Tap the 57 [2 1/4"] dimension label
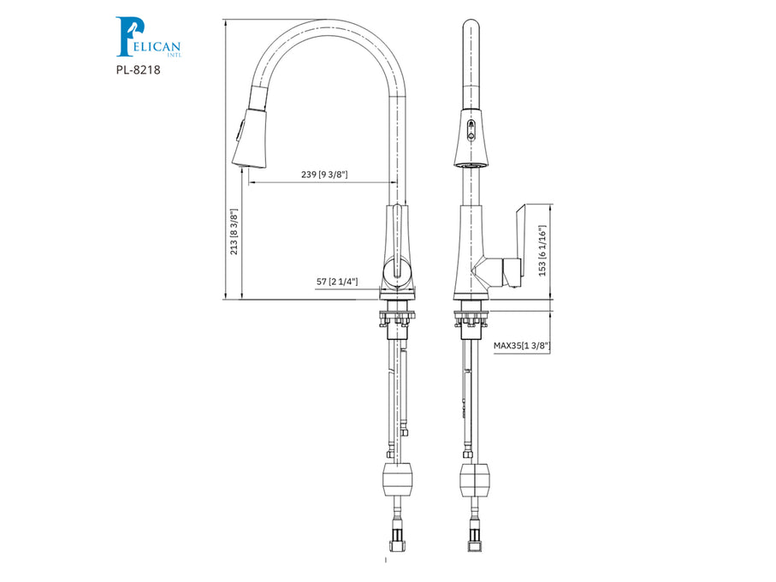pos(337,281)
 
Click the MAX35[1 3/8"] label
pos(522,346)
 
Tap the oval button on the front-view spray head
pos(469,130)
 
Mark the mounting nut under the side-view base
pos(396,318)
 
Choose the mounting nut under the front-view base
pos(470,318)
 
